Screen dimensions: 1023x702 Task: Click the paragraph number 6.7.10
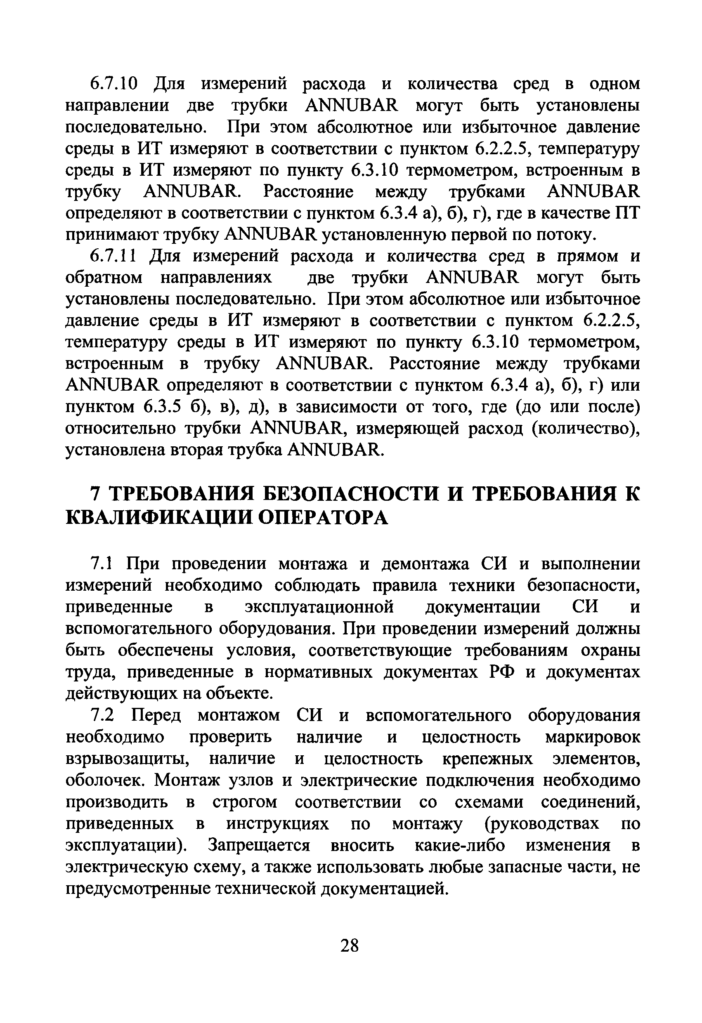114,84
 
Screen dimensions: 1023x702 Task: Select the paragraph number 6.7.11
113,256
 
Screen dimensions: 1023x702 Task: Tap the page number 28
350,945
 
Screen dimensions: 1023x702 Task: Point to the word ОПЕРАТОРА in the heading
323,518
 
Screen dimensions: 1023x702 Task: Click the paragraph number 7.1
102,563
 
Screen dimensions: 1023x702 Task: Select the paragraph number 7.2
102,715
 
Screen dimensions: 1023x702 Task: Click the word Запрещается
260,845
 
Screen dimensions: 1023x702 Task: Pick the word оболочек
106,780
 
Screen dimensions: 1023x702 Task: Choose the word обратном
104,278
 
